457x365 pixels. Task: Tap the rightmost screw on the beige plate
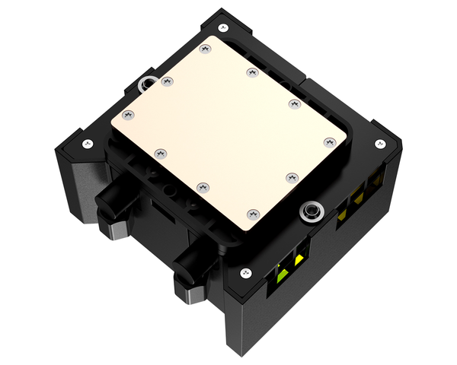329,141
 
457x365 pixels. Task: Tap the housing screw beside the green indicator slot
244,273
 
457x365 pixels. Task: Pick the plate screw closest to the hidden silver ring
166,81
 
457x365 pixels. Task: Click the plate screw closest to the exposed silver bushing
291,177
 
